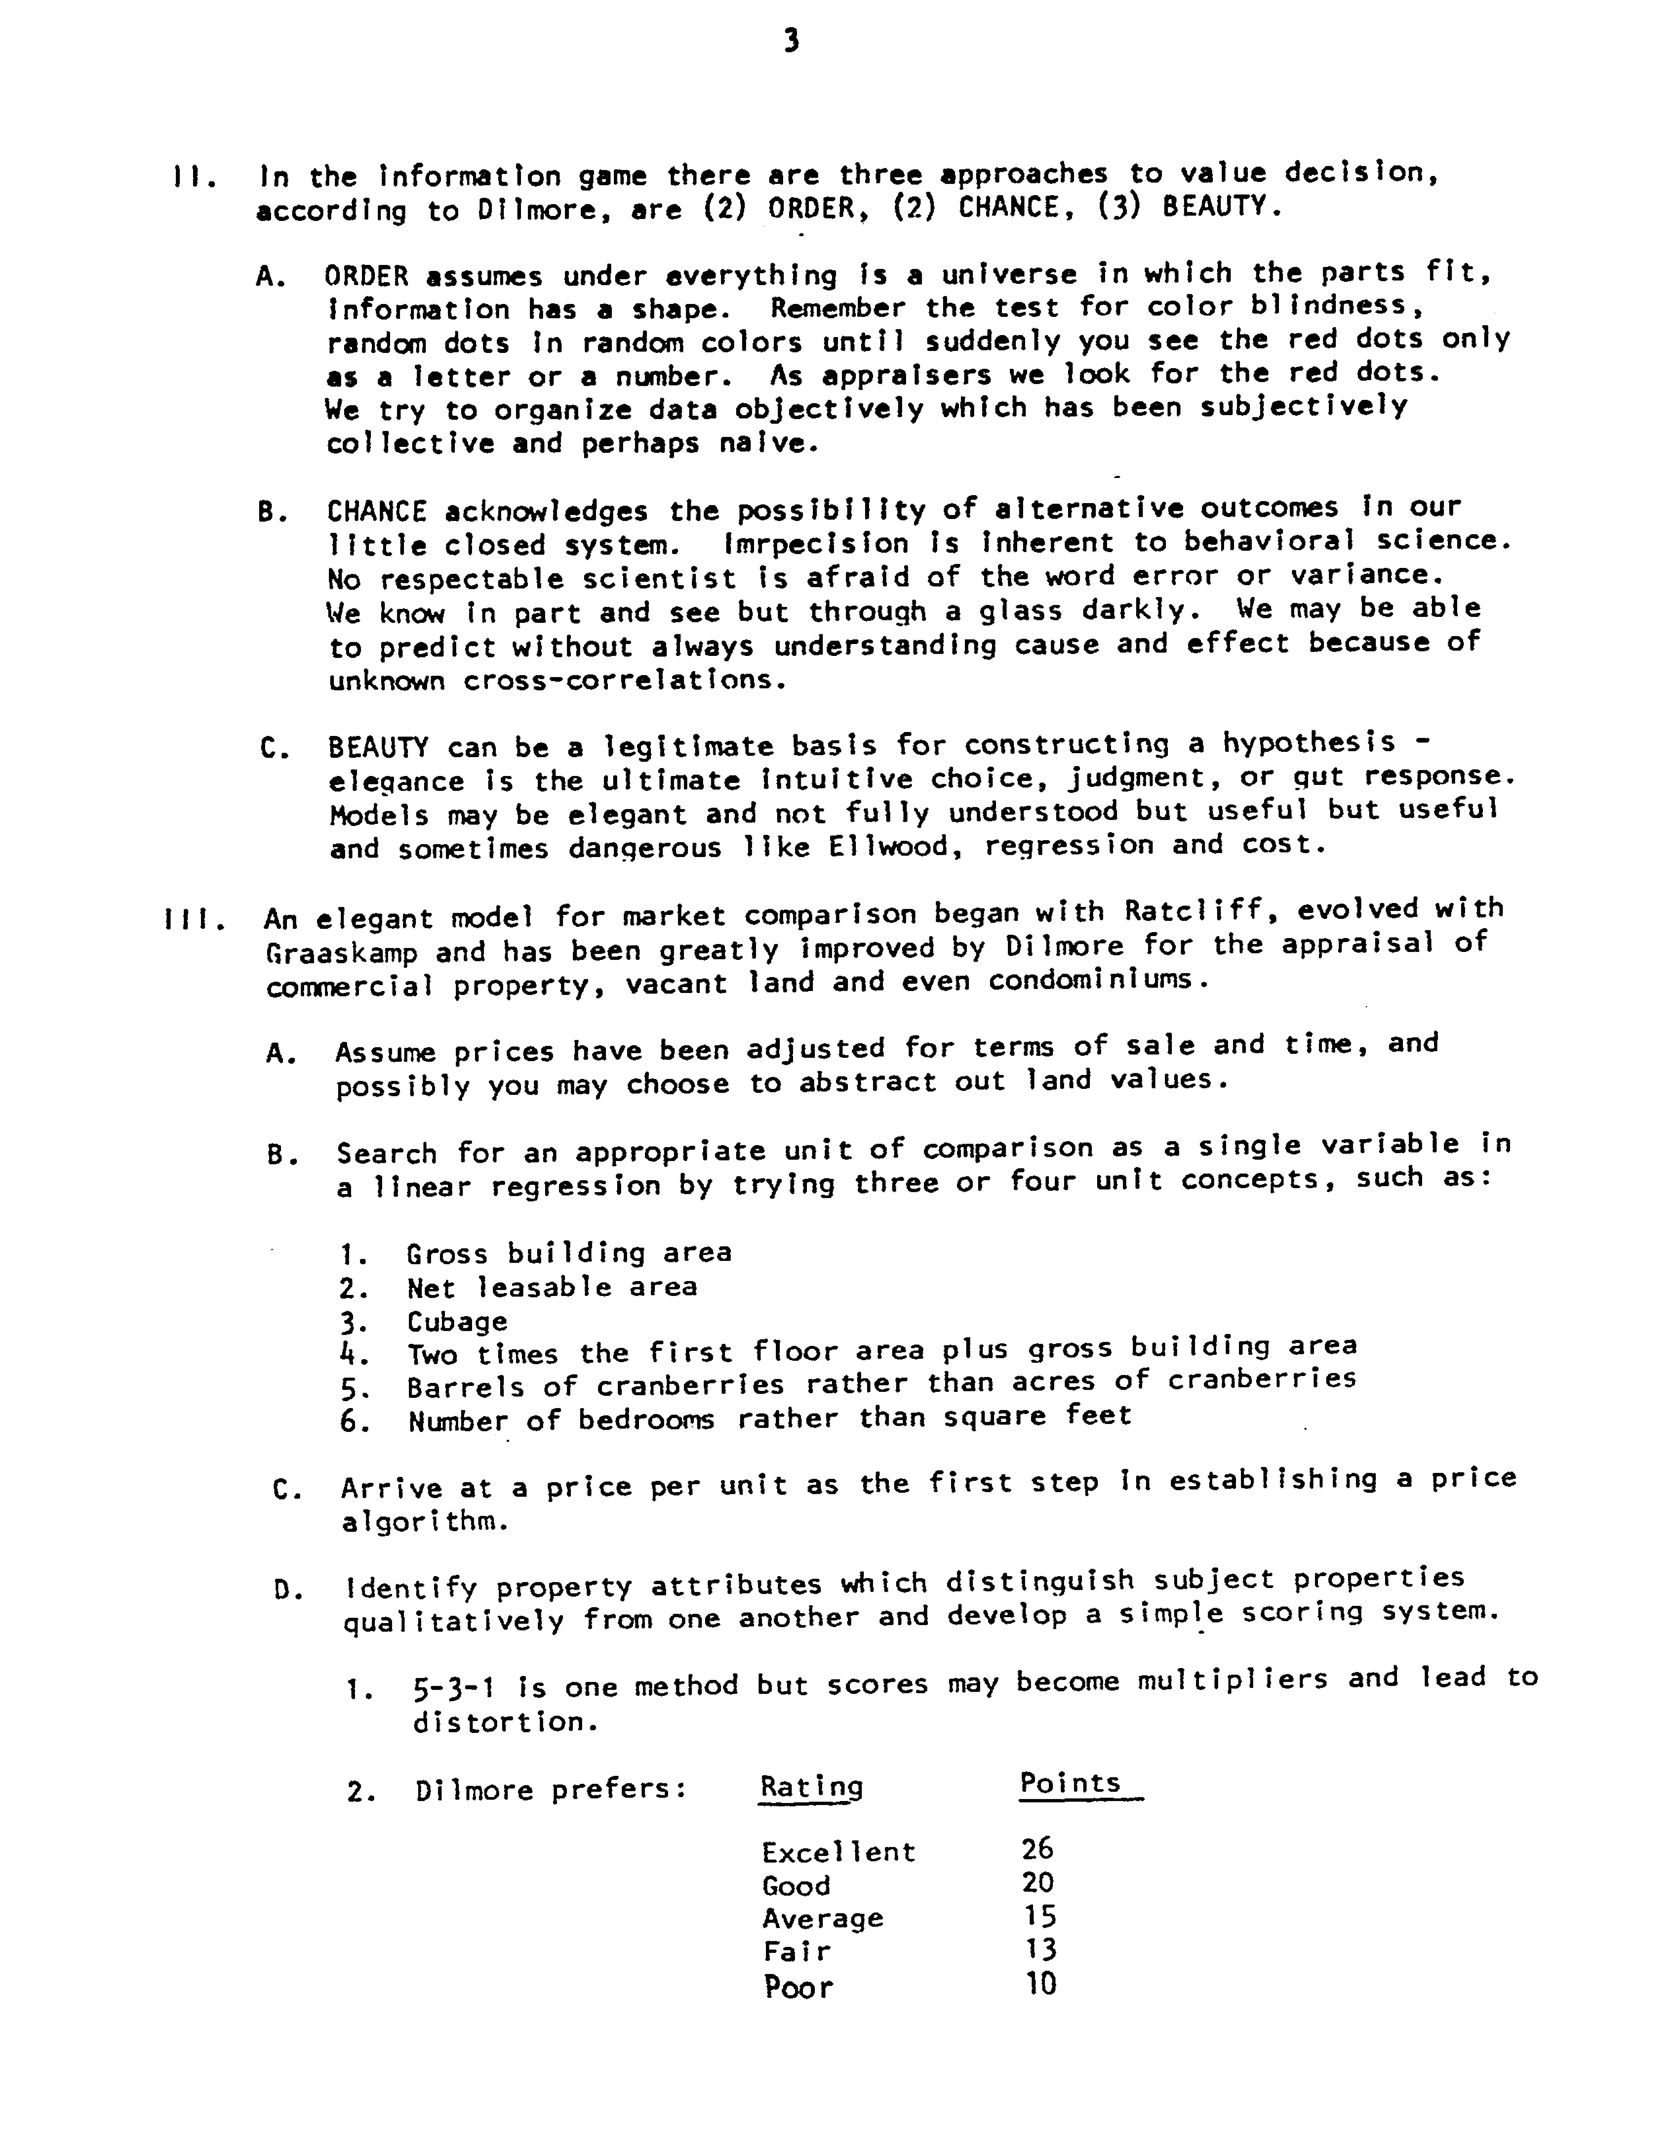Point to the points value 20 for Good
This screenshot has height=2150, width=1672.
coord(1037,1883)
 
